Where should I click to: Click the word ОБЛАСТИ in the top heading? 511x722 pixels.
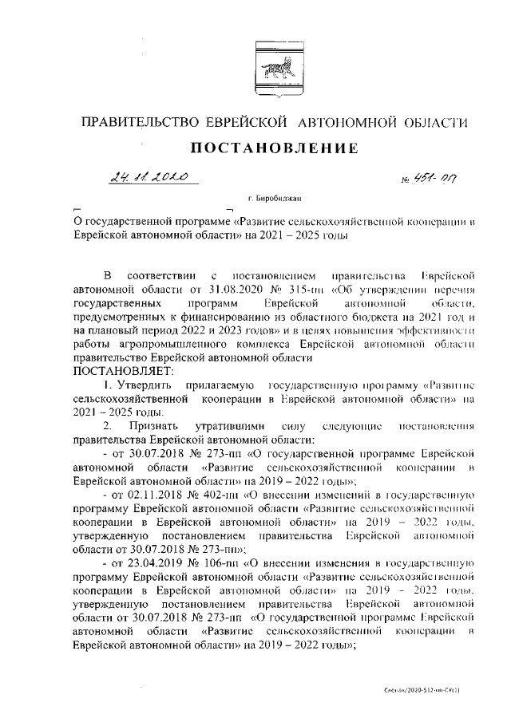[435, 122]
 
